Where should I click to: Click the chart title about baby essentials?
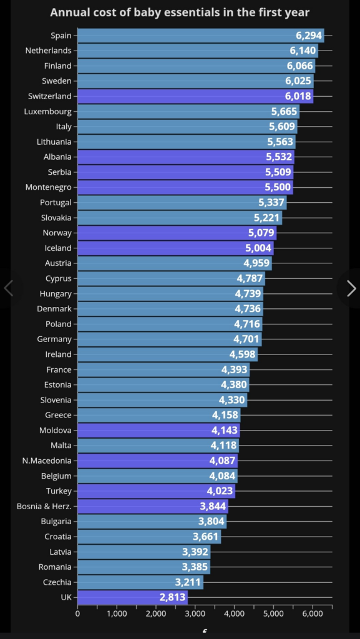tap(180, 12)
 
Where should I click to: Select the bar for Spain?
tap(201, 36)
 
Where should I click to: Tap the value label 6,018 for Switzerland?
tap(298, 96)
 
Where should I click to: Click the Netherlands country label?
tap(49, 51)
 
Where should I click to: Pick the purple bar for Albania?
tap(186, 157)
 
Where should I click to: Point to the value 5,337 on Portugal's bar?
tap(271, 203)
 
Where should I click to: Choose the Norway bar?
tap(177, 233)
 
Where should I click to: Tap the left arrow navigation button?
tap(9, 288)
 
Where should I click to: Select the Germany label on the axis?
tap(54, 339)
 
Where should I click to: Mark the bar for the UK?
tap(132, 597)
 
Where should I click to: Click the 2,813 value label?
tap(173, 597)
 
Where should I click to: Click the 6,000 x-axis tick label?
tap(313, 615)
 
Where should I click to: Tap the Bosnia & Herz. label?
tap(44, 507)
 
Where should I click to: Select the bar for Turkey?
tap(157, 491)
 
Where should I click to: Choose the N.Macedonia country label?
tap(47, 461)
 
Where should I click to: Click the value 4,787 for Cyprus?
tap(250, 279)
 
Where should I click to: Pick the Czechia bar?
tap(140, 582)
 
